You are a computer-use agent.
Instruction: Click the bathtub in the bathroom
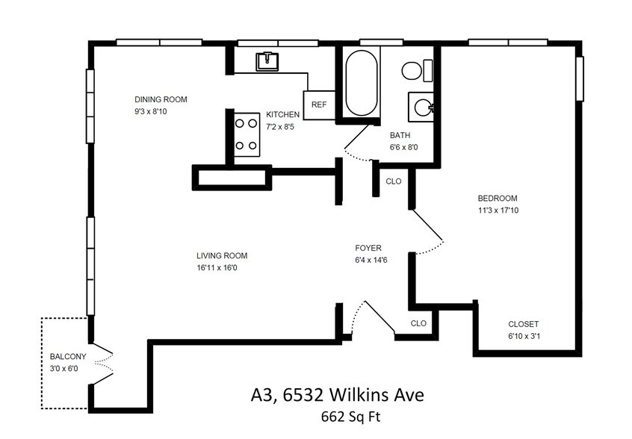pos(362,83)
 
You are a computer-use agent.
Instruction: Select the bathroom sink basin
pos(421,108)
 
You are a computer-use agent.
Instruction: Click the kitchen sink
pos(267,61)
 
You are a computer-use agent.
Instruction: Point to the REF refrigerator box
pos(319,105)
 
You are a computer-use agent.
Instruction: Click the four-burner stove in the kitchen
pos(247,134)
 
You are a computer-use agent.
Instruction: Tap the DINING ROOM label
pos(161,99)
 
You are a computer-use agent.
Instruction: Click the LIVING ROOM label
pos(222,256)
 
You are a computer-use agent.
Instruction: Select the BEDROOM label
pos(498,199)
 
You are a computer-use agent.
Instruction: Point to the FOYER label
pos(368,248)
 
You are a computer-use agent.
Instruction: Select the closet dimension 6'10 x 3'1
pos(523,336)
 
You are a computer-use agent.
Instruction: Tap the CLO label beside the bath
pos(394,181)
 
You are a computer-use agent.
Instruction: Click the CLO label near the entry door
pos(418,323)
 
